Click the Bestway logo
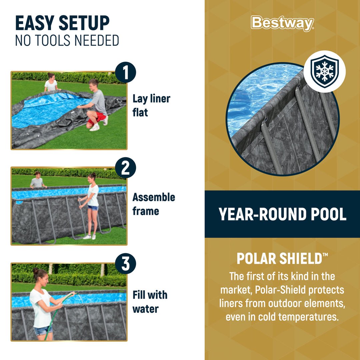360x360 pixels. pos(282,23)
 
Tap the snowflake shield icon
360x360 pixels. pos(324,71)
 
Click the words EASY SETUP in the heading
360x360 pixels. pos(62,23)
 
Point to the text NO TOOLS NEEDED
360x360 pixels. pos(67,41)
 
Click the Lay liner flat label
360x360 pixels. pos(151,105)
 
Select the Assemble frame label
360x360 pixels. pos(153,204)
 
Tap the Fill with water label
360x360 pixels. pos(150,302)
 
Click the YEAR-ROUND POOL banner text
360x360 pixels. pos(282,214)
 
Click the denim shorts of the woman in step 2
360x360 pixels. pos(93,208)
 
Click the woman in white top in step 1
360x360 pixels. pos(51,83)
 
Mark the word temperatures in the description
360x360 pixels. pos(308,316)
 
